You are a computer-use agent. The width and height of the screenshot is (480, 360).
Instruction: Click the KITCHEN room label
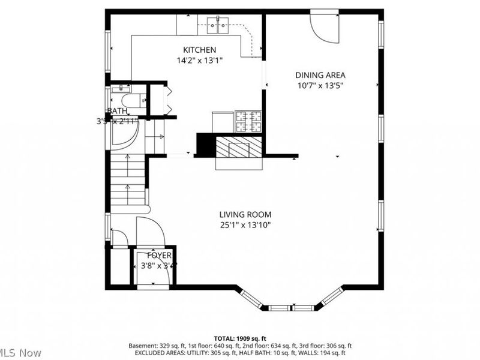(200, 50)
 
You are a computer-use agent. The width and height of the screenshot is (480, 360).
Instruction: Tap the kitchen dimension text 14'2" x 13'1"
(200, 61)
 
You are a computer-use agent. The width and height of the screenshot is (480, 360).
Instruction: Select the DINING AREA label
(320, 75)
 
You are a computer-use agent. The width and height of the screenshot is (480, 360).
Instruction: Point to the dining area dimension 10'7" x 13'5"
(320, 85)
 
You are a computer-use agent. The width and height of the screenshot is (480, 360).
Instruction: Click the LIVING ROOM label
(245, 214)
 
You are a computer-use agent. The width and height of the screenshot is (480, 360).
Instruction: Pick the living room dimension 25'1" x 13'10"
(245, 225)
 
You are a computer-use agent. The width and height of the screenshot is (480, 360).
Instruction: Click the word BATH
(118, 111)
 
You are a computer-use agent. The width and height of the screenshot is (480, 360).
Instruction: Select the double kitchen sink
(220, 23)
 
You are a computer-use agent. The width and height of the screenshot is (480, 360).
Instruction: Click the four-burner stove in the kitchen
(248, 121)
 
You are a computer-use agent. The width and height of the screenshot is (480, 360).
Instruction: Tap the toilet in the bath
(128, 100)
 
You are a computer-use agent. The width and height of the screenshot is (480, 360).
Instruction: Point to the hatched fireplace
(239, 147)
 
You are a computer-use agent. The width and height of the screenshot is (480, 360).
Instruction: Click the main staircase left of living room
(128, 180)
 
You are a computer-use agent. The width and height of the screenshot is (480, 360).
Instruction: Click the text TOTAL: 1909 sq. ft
(240, 338)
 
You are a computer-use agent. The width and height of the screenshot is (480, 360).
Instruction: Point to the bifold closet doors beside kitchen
(169, 100)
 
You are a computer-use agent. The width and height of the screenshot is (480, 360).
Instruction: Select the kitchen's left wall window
(108, 51)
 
